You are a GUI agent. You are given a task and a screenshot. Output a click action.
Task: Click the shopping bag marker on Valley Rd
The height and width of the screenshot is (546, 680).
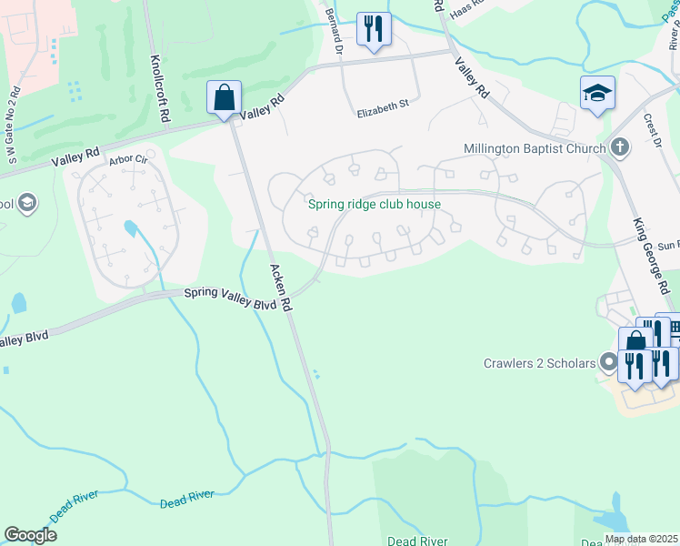(223, 96)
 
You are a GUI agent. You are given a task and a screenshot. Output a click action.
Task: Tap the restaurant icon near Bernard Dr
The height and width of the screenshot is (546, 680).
(373, 27)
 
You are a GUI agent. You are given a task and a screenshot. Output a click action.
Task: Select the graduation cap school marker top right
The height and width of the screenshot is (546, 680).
(597, 93)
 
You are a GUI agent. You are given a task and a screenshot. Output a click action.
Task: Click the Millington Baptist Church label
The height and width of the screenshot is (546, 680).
(535, 148)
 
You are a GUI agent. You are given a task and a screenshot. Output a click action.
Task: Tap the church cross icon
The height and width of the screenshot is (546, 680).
(620, 147)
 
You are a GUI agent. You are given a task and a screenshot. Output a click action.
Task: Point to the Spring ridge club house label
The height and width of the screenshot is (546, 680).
(374, 204)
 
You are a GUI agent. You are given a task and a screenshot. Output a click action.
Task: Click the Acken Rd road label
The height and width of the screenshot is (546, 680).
(279, 287)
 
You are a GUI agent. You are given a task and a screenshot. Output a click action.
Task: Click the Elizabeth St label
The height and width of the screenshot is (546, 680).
(383, 113)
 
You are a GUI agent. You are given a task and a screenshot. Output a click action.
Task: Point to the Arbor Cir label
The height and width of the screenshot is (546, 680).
(128, 159)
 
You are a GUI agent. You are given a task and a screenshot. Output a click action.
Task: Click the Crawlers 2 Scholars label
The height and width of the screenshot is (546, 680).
(540, 363)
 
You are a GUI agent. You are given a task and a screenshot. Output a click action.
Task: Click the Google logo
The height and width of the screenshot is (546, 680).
(30, 535)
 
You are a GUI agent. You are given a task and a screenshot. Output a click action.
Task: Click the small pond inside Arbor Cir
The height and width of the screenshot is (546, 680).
(132, 227)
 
